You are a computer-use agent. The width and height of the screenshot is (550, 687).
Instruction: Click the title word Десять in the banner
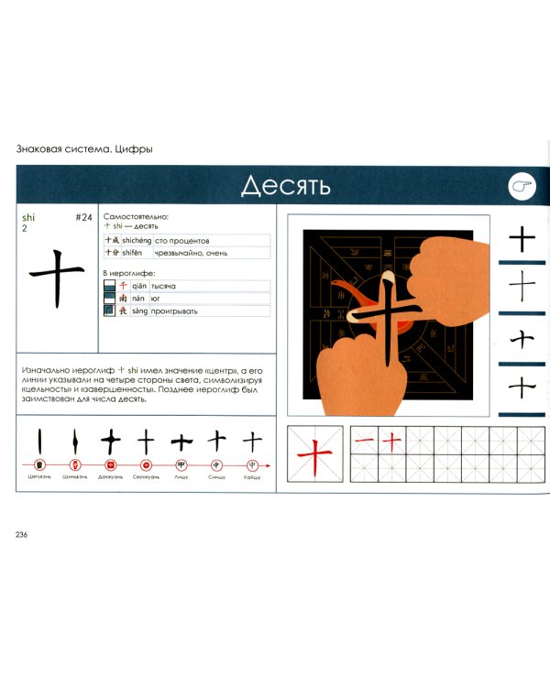(x=285, y=186)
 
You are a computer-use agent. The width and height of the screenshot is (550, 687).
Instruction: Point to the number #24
(x=83, y=217)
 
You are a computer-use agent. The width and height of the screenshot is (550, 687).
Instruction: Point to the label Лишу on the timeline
(x=181, y=477)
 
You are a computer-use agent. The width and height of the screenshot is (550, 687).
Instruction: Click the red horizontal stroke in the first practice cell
(x=364, y=441)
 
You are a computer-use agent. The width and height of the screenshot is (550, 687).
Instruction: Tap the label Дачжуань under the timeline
(x=110, y=477)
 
